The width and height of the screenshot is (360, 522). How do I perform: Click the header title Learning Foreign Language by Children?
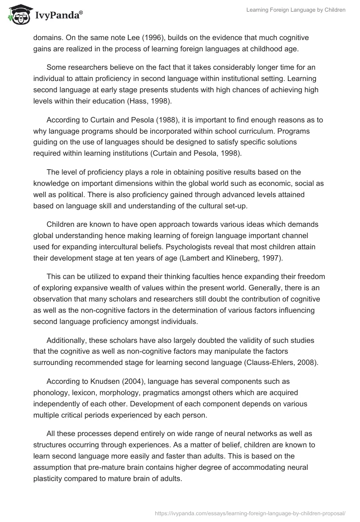click(x=296, y=10)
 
